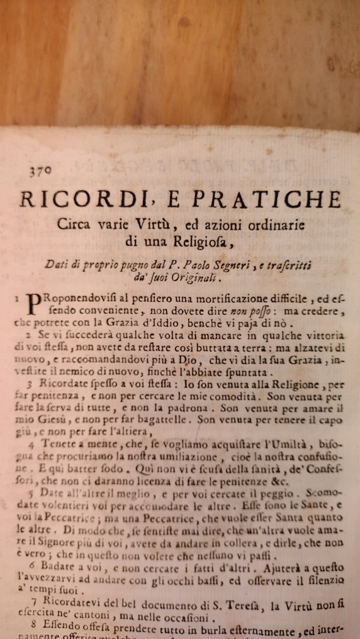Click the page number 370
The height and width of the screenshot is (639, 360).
coord(40,170)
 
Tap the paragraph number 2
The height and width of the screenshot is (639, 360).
coord(29,335)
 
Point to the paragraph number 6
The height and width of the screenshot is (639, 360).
coord(30,567)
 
